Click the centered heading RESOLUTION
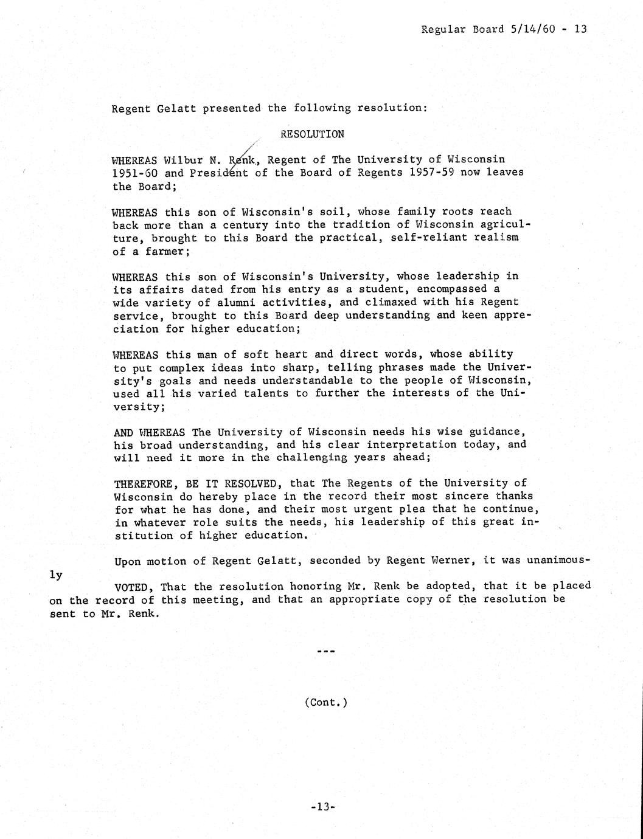tap(312, 134)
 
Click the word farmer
tap(164, 251)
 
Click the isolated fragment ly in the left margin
tap(55, 575)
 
